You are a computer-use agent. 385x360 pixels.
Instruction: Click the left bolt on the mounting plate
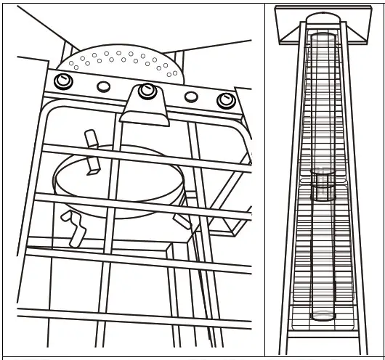coord(63,81)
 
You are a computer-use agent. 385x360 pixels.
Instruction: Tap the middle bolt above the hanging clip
coord(147,90)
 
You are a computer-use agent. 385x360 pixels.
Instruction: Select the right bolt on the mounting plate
coord(226,99)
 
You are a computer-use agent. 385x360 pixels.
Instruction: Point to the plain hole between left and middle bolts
coord(104,86)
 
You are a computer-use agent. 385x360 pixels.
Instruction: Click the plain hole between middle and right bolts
coord(191,97)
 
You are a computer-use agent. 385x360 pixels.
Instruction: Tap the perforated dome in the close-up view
coord(123,62)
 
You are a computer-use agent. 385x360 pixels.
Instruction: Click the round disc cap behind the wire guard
coord(120,181)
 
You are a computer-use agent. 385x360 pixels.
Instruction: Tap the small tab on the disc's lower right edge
coord(182,218)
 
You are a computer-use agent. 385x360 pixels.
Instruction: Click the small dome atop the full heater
coord(322,17)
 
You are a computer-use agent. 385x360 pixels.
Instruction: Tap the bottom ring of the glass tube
coord(323,316)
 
